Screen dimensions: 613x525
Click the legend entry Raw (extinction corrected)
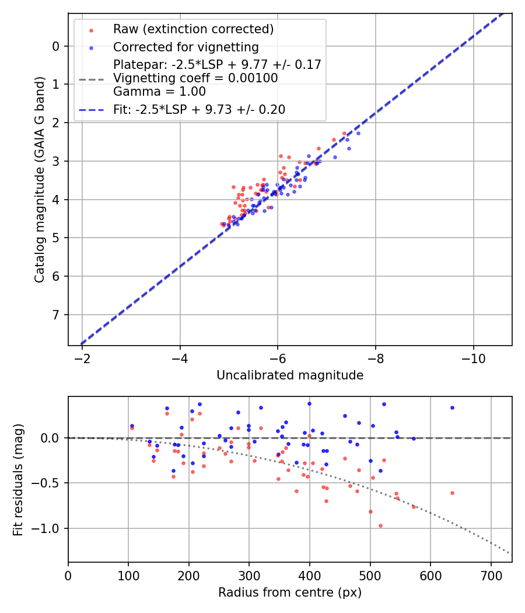tap(193, 29)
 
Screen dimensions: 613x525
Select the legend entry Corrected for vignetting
tap(185, 47)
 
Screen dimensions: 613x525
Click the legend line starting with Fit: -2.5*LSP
tap(199, 109)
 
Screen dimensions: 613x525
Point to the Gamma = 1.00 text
tap(159, 91)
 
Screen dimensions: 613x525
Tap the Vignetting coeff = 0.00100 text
tap(195, 78)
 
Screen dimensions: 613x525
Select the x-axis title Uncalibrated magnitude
tap(290, 375)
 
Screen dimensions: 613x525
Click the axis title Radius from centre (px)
tap(290, 593)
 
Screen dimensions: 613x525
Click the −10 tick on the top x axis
tap(473, 357)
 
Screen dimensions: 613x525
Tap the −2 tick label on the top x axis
tap(82, 357)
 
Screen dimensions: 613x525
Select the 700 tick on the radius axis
tap(491, 574)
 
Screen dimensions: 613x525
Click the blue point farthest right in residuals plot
tap(452, 407)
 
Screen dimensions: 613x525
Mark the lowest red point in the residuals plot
tap(380, 525)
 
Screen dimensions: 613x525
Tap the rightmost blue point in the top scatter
tap(358, 133)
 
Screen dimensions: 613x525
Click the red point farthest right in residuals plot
tap(452, 493)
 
